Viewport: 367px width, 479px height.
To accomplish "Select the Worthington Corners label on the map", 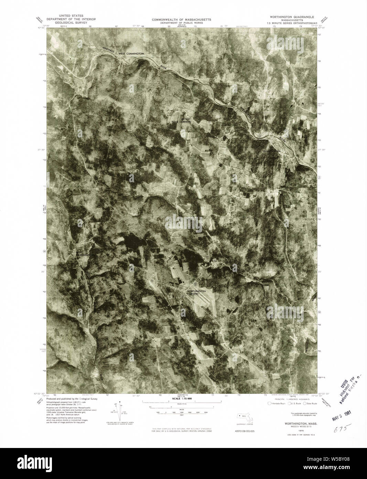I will click(196, 293).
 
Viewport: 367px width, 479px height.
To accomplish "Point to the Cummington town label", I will click(272, 151).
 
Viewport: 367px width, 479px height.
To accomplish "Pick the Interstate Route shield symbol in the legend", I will click(269, 404).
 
